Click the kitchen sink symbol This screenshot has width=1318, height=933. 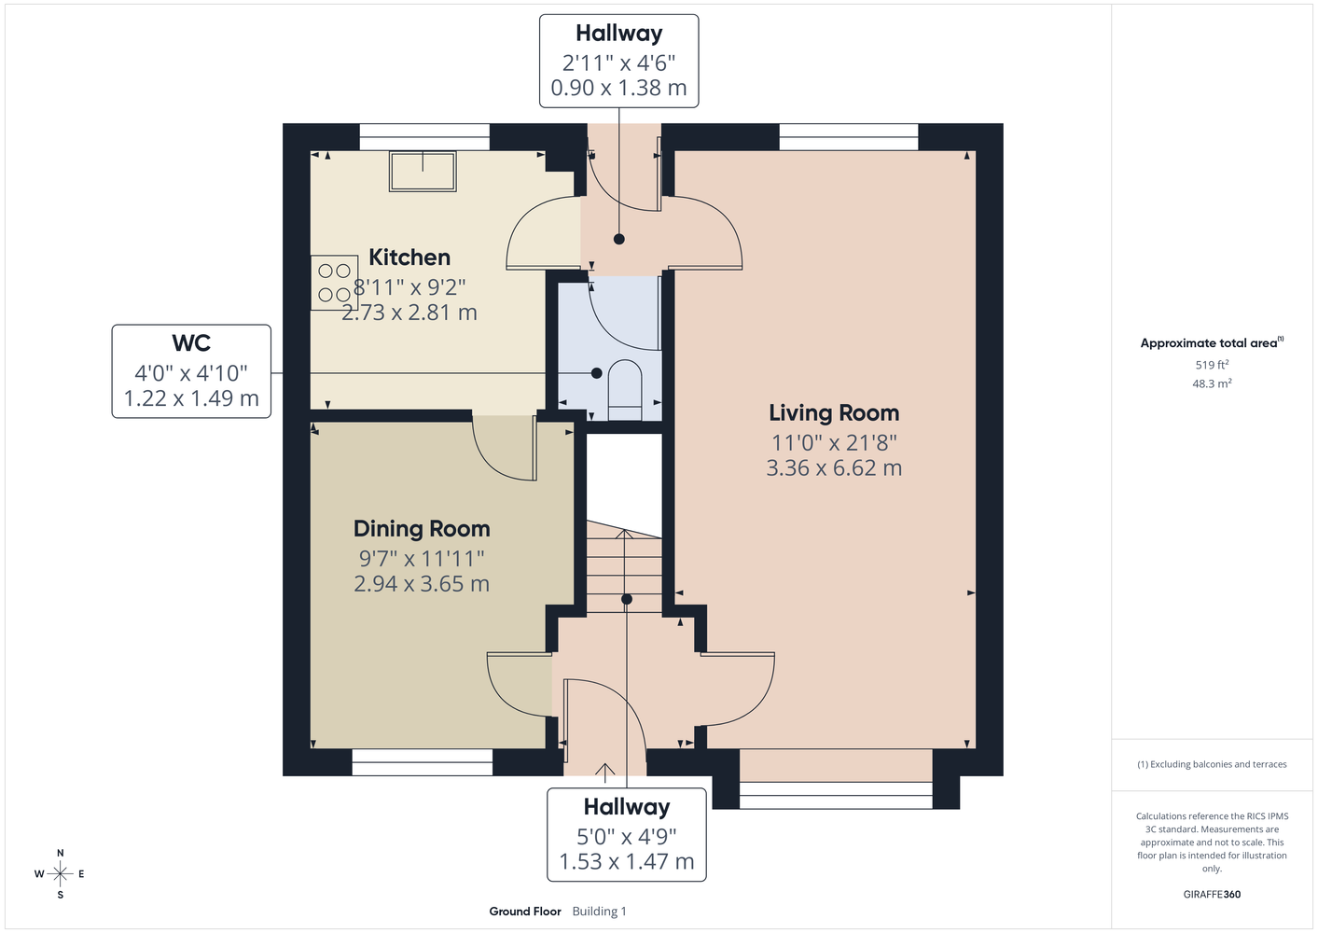[x=423, y=172]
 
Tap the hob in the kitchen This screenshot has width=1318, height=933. [x=334, y=282]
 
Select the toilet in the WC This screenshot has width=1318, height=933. [x=624, y=389]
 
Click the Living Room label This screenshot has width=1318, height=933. [x=834, y=413]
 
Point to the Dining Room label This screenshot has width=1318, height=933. [x=422, y=529]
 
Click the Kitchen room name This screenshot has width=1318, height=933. [x=409, y=258]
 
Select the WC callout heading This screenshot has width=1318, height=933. [x=191, y=342]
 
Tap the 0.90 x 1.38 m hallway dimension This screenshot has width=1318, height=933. [x=618, y=88]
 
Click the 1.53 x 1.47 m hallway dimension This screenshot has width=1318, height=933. [x=626, y=861]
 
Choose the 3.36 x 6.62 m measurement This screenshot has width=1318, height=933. [x=834, y=468]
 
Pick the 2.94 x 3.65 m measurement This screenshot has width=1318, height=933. [x=422, y=583]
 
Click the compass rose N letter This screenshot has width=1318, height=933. [x=60, y=853]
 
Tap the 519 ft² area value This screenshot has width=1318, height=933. [x=1212, y=365]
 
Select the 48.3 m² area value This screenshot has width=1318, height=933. [x=1212, y=383]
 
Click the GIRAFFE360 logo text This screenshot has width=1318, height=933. [x=1212, y=894]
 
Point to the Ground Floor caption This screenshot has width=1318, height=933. [x=525, y=912]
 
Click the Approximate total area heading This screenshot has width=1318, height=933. [x=1212, y=342]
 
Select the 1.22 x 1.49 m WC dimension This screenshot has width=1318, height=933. [x=191, y=398]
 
